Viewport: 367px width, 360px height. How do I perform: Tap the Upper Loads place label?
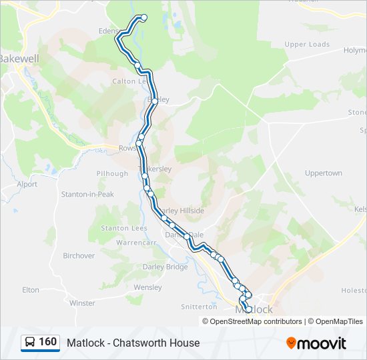(x=307, y=45)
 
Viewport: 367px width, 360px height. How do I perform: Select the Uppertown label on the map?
(x=323, y=173)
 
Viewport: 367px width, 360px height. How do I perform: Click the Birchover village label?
(x=79, y=255)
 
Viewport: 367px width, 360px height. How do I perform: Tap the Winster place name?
(x=82, y=303)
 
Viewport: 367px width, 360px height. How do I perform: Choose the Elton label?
(x=31, y=290)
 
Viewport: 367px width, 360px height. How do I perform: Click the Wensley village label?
(x=147, y=287)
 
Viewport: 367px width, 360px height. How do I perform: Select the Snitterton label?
(x=199, y=307)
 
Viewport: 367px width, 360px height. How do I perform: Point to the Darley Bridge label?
(x=165, y=267)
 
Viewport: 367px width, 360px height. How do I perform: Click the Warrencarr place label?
(x=135, y=243)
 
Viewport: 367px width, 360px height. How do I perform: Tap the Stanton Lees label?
(x=123, y=228)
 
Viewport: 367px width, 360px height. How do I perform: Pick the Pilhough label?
(x=112, y=173)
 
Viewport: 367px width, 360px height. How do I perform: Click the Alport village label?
(x=27, y=184)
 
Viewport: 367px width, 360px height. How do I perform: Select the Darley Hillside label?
(x=179, y=211)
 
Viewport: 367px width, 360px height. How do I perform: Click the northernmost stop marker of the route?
(x=143, y=17)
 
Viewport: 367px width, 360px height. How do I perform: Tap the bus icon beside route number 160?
(x=30, y=343)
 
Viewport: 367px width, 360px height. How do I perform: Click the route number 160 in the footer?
(x=48, y=342)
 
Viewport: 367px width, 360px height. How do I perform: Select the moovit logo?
(x=316, y=343)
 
